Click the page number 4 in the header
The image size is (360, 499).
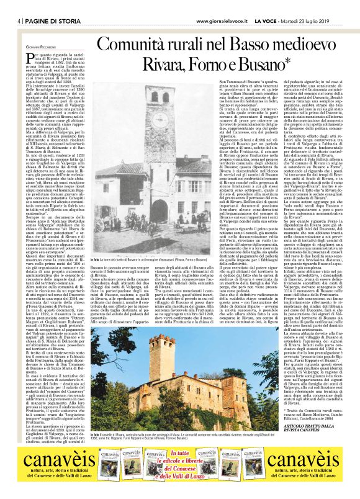20,22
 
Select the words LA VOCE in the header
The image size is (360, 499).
273,22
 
